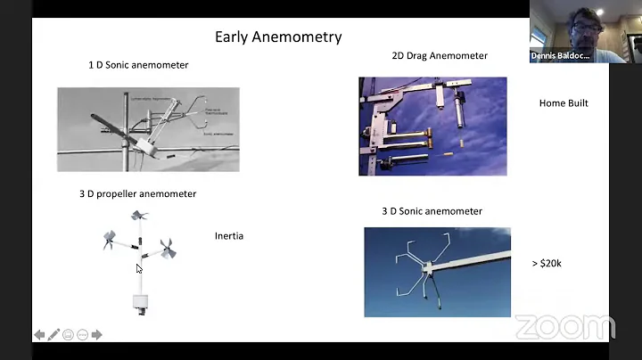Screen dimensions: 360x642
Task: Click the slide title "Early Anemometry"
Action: (x=278, y=37)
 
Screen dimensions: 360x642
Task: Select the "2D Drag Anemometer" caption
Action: (x=440, y=55)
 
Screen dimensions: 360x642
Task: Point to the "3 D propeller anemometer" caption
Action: (x=137, y=193)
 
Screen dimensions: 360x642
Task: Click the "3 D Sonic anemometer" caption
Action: (x=432, y=211)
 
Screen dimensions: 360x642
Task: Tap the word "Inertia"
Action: (x=229, y=236)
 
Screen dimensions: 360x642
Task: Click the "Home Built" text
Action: (x=564, y=103)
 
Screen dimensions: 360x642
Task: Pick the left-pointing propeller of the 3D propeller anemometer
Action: (x=109, y=239)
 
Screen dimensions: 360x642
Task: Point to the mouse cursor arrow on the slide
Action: (x=139, y=268)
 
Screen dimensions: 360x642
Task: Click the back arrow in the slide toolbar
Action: (x=39, y=335)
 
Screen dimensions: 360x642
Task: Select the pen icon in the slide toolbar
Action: (x=53, y=335)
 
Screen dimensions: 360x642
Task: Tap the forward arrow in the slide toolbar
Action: (x=96, y=335)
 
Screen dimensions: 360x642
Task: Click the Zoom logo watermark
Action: (x=564, y=327)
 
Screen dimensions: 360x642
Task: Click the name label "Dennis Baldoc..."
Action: (x=560, y=55)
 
